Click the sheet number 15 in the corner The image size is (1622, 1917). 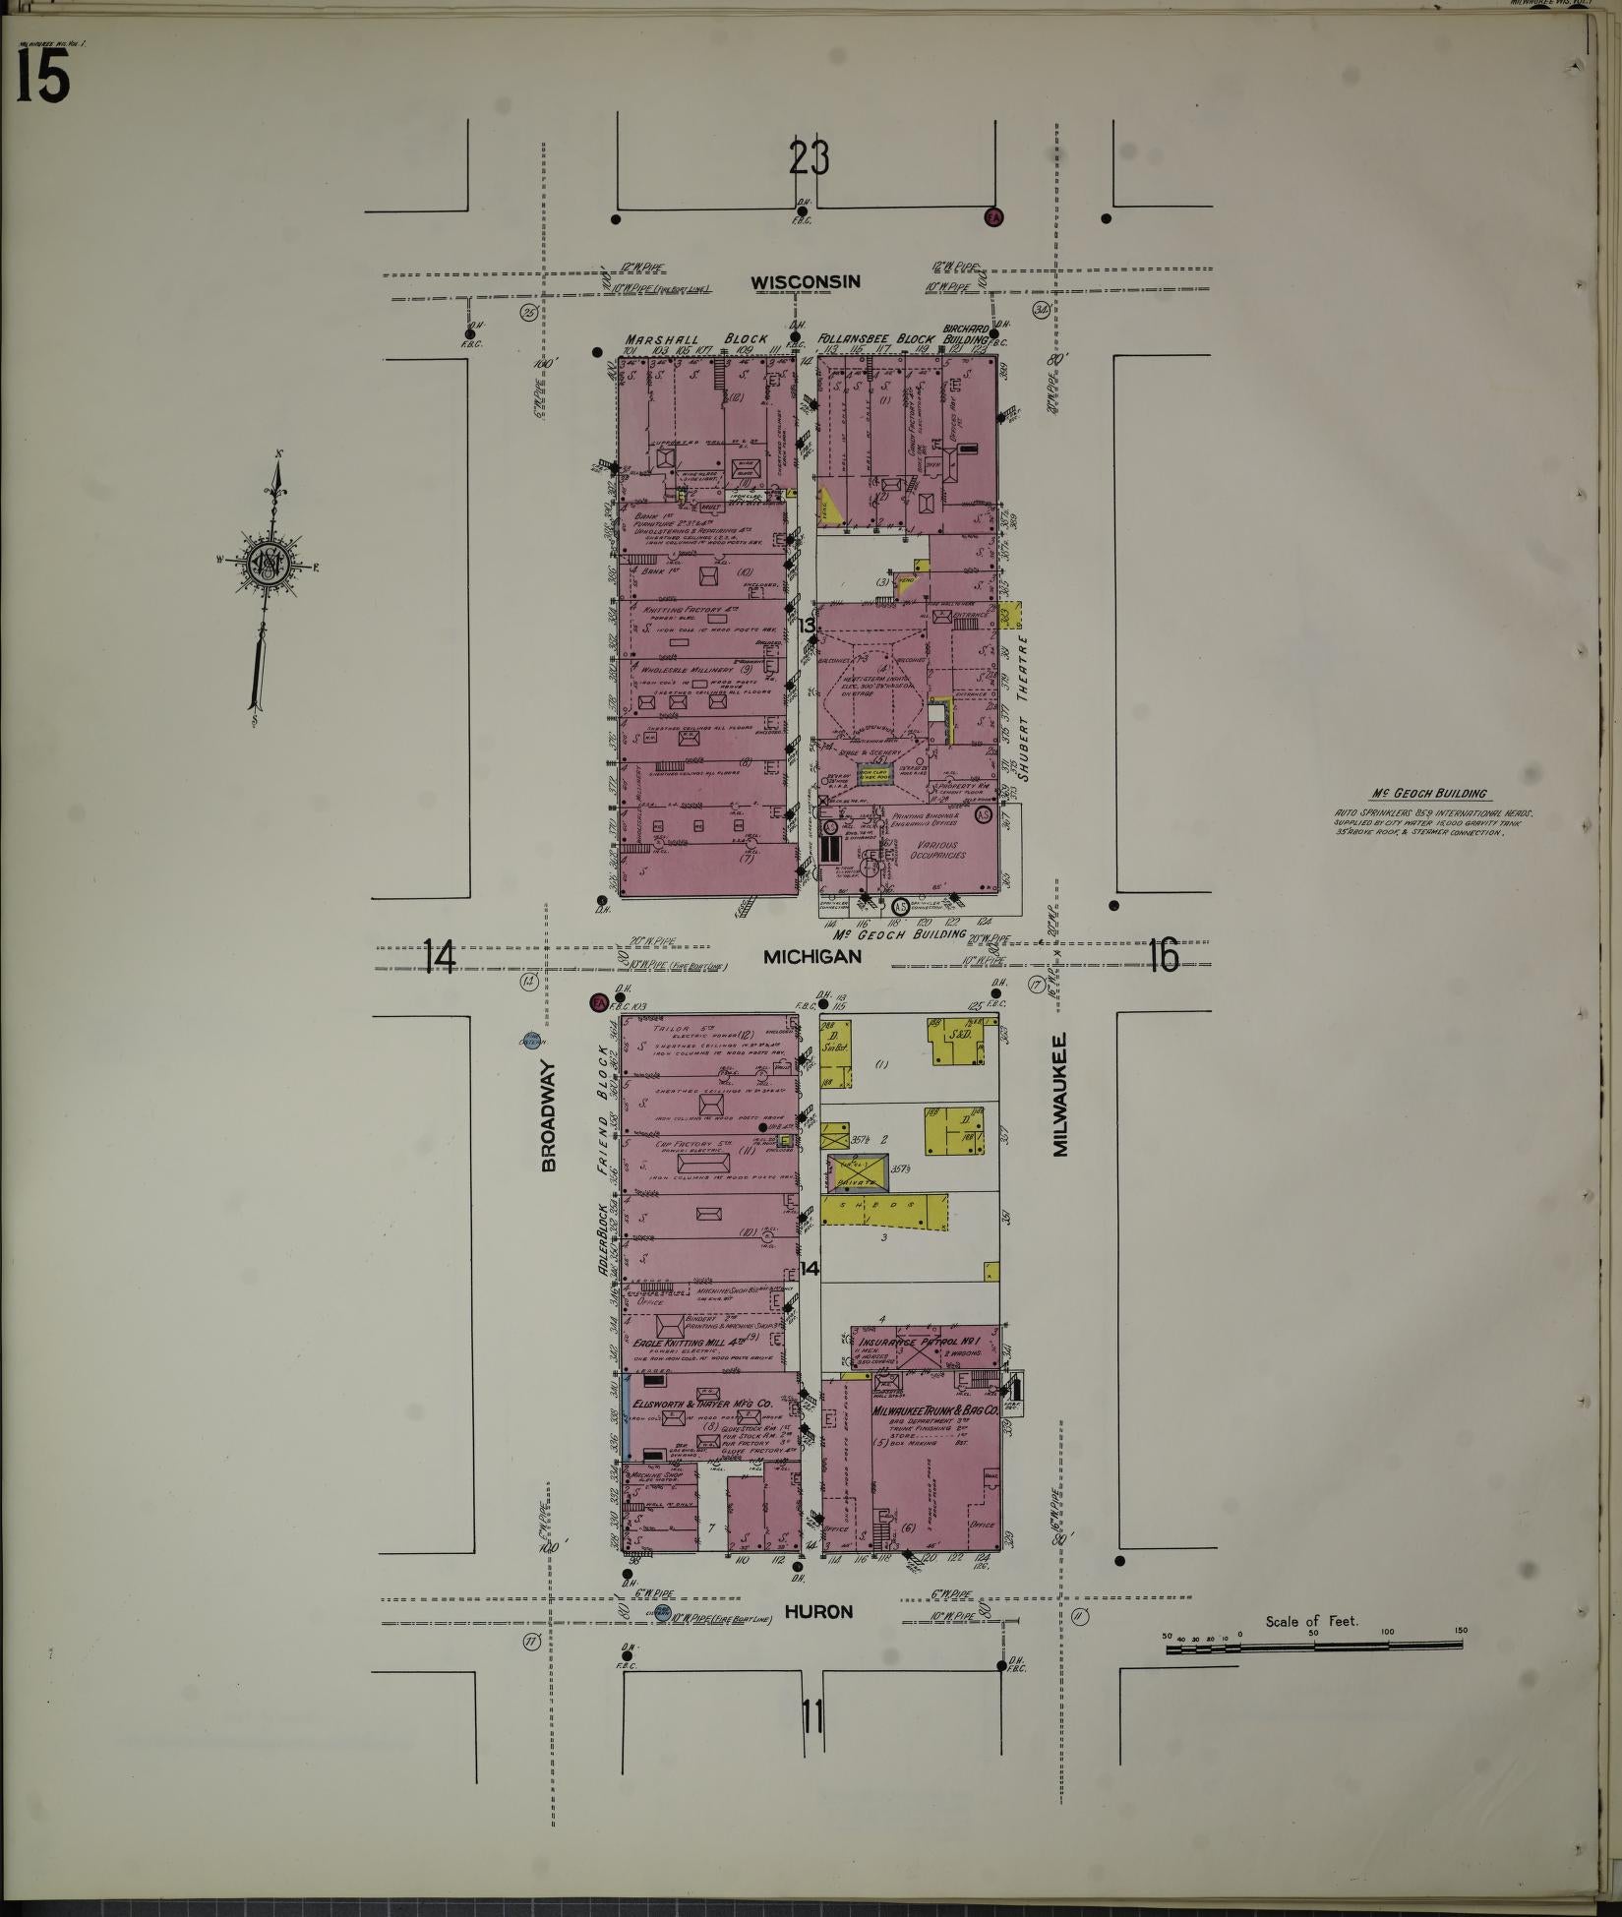pos(42,77)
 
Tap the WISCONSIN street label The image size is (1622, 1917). pos(806,282)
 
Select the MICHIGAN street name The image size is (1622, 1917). pos(812,956)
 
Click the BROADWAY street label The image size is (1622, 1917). pos(549,1115)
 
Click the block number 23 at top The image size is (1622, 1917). pos(809,158)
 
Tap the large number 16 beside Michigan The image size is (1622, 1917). pos(1163,955)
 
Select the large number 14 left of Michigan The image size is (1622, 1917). pos(439,956)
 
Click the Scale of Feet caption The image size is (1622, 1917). pos(1311,1621)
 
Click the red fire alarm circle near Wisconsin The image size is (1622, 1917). pos(993,217)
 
